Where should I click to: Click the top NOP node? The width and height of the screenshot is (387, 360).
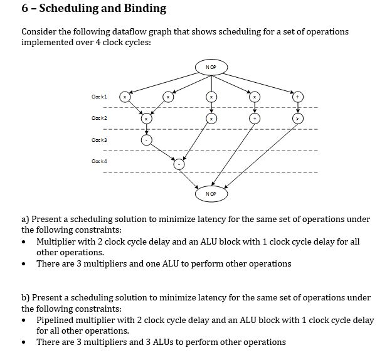coord(211,67)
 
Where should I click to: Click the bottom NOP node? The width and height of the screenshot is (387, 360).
coord(211,194)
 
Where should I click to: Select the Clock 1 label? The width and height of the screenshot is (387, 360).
coord(99,97)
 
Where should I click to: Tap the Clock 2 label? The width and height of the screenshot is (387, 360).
coord(99,118)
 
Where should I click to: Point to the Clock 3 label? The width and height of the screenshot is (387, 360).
coord(99,140)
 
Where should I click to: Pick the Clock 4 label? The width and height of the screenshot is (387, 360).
coord(99,161)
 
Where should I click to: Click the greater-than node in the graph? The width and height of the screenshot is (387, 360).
coord(298,119)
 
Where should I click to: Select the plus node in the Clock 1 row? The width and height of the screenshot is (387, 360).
coord(298,97)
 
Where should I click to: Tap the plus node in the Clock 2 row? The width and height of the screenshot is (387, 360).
coord(255,119)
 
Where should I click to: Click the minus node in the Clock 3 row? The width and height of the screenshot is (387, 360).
coord(146,140)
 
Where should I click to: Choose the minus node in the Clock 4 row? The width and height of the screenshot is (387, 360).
coord(179,164)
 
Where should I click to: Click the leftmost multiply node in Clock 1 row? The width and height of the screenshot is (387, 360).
coord(125,97)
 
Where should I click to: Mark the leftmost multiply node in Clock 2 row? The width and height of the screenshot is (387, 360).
coord(146,119)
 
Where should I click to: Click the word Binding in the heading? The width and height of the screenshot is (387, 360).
coord(145,8)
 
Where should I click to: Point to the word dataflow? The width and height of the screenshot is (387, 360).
coord(129,31)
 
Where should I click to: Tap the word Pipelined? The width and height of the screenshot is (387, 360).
coord(55,320)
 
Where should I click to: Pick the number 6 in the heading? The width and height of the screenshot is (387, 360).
coord(24,8)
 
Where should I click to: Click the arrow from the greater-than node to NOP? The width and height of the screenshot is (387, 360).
coord(261,156)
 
